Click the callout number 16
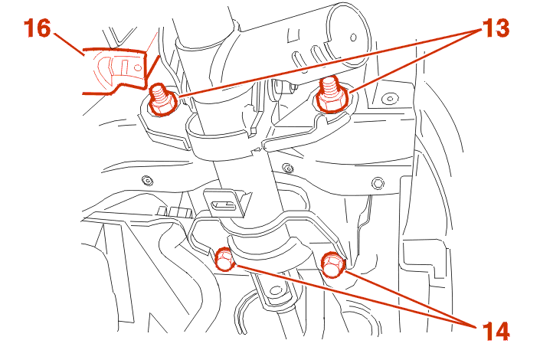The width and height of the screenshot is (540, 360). click(38, 28)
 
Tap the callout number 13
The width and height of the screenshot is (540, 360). click(496, 28)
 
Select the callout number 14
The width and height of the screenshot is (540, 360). click(496, 332)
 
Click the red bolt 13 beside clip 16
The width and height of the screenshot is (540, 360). click(162, 100)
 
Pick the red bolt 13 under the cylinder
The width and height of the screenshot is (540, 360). click(332, 94)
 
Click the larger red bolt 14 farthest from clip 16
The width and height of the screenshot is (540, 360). click(332, 264)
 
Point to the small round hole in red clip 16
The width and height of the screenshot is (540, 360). click(138, 67)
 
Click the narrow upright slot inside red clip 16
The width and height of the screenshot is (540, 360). click(126, 67)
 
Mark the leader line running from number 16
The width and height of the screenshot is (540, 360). click(69, 44)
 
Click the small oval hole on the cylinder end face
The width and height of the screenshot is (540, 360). click(353, 37)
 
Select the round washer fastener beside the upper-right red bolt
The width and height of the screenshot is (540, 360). click(390, 100)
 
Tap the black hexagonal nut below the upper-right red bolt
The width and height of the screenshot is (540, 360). click(378, 183)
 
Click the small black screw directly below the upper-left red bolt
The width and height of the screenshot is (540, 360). click(147, 180)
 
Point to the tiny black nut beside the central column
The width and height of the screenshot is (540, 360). click(288, 169)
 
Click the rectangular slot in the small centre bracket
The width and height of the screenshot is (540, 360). click(224, 206)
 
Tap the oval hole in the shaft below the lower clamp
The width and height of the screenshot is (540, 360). click(276, 290)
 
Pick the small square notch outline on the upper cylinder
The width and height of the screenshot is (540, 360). click(293, 36)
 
